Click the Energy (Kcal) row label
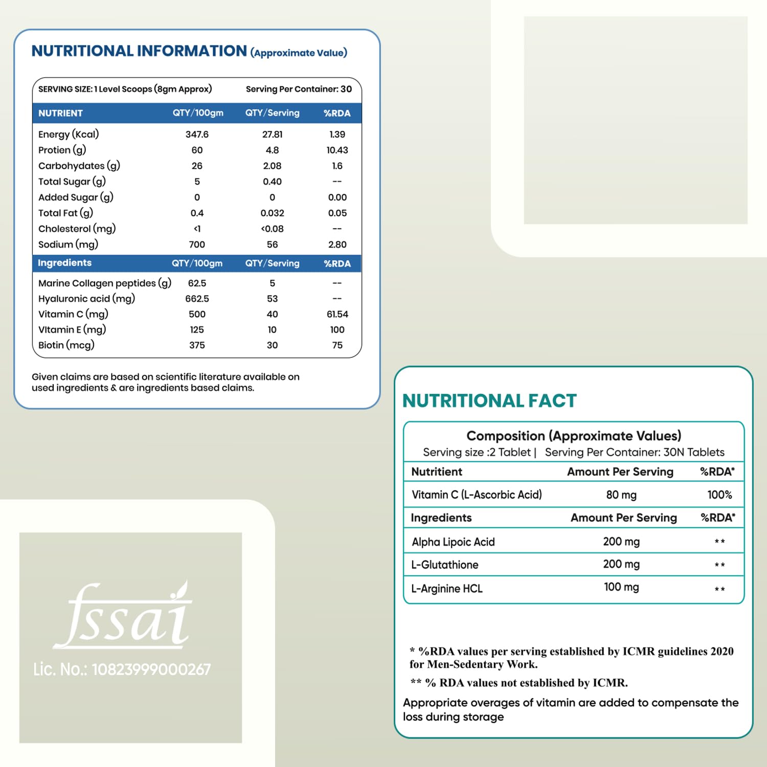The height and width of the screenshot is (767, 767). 69,134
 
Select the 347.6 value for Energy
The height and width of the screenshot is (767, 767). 197,134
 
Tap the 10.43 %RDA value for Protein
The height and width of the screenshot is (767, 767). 337,150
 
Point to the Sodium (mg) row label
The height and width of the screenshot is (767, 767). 68,244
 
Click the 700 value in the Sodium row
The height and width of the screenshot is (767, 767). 197,245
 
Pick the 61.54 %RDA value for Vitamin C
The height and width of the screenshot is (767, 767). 337,314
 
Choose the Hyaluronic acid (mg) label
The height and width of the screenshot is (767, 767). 86,299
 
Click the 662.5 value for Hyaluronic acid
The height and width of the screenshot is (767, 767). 197,299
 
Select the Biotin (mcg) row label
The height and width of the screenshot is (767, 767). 66,345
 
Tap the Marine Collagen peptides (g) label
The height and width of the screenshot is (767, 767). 105,283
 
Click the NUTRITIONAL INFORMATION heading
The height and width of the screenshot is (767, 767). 139,51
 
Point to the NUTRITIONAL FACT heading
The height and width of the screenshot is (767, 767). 489,401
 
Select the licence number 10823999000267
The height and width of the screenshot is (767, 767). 151,669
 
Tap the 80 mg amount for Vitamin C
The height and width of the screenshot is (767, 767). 621,495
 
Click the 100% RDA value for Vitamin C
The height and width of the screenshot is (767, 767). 719,495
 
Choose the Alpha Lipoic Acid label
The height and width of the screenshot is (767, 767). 453,542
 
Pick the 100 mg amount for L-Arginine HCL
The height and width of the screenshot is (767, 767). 621,587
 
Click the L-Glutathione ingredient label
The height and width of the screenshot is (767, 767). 445,565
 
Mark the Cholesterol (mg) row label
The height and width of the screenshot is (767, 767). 77,229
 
